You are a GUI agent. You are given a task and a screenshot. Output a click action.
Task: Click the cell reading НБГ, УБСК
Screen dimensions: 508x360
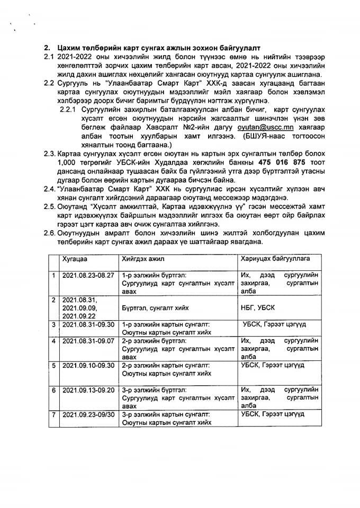pos(258,307)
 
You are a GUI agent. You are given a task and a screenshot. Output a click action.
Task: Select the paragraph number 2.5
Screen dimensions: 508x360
pos(49,206)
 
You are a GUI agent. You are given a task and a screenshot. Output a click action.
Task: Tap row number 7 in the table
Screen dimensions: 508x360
pos(53,414)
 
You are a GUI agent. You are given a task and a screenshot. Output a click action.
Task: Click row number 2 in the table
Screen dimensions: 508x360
pos(53,300)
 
